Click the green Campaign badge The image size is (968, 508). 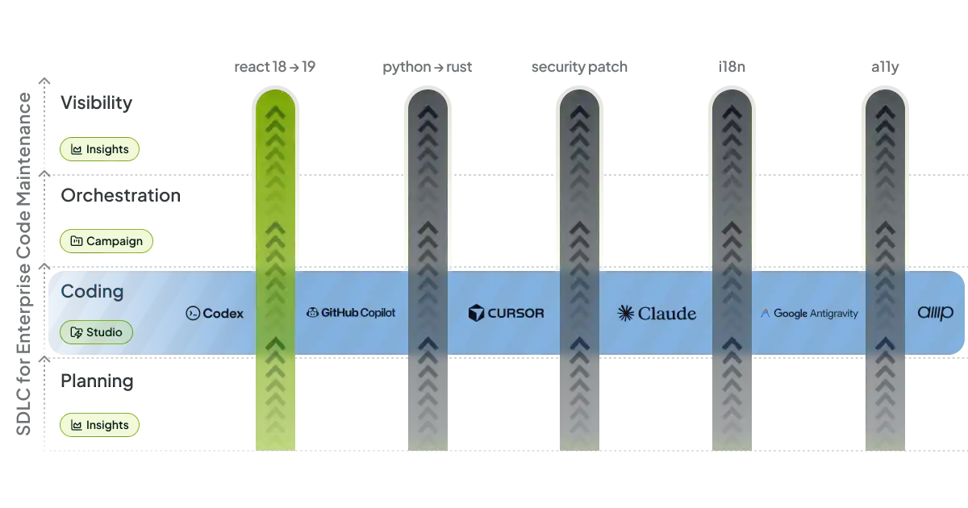click(106, 241)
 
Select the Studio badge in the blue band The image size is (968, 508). click(96, 332)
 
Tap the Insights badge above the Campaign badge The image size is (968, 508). click(100, 149)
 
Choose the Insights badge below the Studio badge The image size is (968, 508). click(100, 425)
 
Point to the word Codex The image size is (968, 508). click(223, 314)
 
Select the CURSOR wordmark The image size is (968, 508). click(515, 313)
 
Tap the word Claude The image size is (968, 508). click(666, 313)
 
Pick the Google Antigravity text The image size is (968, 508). click(816, 313)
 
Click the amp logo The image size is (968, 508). click(935, 313)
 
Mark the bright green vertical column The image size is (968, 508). click(275, 202)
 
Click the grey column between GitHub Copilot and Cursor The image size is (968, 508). click(428, 202)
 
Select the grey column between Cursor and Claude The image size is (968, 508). click(579, 202)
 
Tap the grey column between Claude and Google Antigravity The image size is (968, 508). click(731, 202)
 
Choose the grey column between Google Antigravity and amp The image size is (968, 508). click(886, 202)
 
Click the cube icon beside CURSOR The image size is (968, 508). click(476, 313)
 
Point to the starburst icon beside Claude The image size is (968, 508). click(626, 313)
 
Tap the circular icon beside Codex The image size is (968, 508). click(193, 314)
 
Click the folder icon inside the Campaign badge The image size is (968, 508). click(77, 241)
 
